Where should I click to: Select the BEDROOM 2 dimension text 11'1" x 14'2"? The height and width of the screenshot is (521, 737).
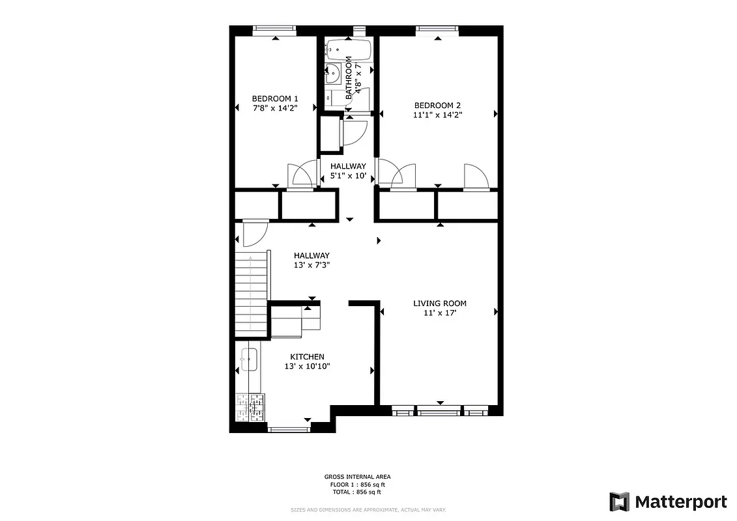point(437,115)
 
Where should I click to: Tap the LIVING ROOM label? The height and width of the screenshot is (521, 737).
point(440,303)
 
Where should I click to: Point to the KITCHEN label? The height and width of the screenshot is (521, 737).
point(307,357)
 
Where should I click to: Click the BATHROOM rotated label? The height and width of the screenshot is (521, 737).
point(349,77)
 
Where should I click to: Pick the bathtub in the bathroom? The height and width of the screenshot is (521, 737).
point(349,48)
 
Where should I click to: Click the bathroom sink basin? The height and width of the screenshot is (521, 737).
point(332,74)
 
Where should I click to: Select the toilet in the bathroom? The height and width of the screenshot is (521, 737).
point(336,98)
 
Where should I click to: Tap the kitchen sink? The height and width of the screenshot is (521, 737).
point(248,358)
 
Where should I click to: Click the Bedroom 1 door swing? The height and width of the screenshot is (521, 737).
point(301,175)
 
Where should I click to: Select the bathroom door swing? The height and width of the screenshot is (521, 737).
point(354,134)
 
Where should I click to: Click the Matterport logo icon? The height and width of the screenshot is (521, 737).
point(619,501)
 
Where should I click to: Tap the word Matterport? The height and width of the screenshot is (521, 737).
point(680,501)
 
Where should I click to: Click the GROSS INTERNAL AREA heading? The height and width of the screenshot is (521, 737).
point(357,477)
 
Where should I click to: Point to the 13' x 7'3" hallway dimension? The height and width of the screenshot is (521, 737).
point(311,265)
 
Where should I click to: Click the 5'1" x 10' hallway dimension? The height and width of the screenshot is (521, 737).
point(348,176)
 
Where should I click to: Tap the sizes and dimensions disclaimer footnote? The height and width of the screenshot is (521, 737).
point(368,510)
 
